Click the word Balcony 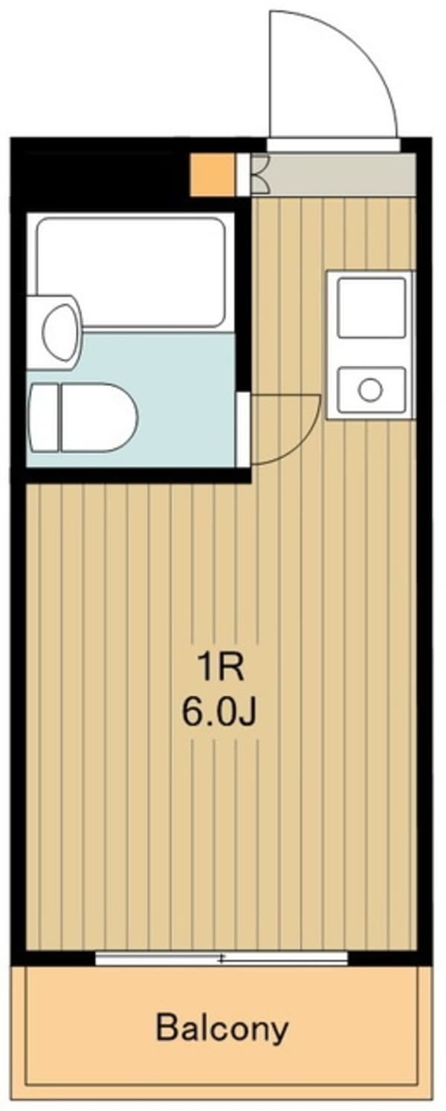click(x=222, y=1029)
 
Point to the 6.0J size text click(x=221, y=714)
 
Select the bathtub click(x=131, y=271)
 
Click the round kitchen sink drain click(x=370, y=388)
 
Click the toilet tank click(x=42, y=418)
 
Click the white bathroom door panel click(x=243, y=429)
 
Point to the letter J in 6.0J click(x=248, y=715)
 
